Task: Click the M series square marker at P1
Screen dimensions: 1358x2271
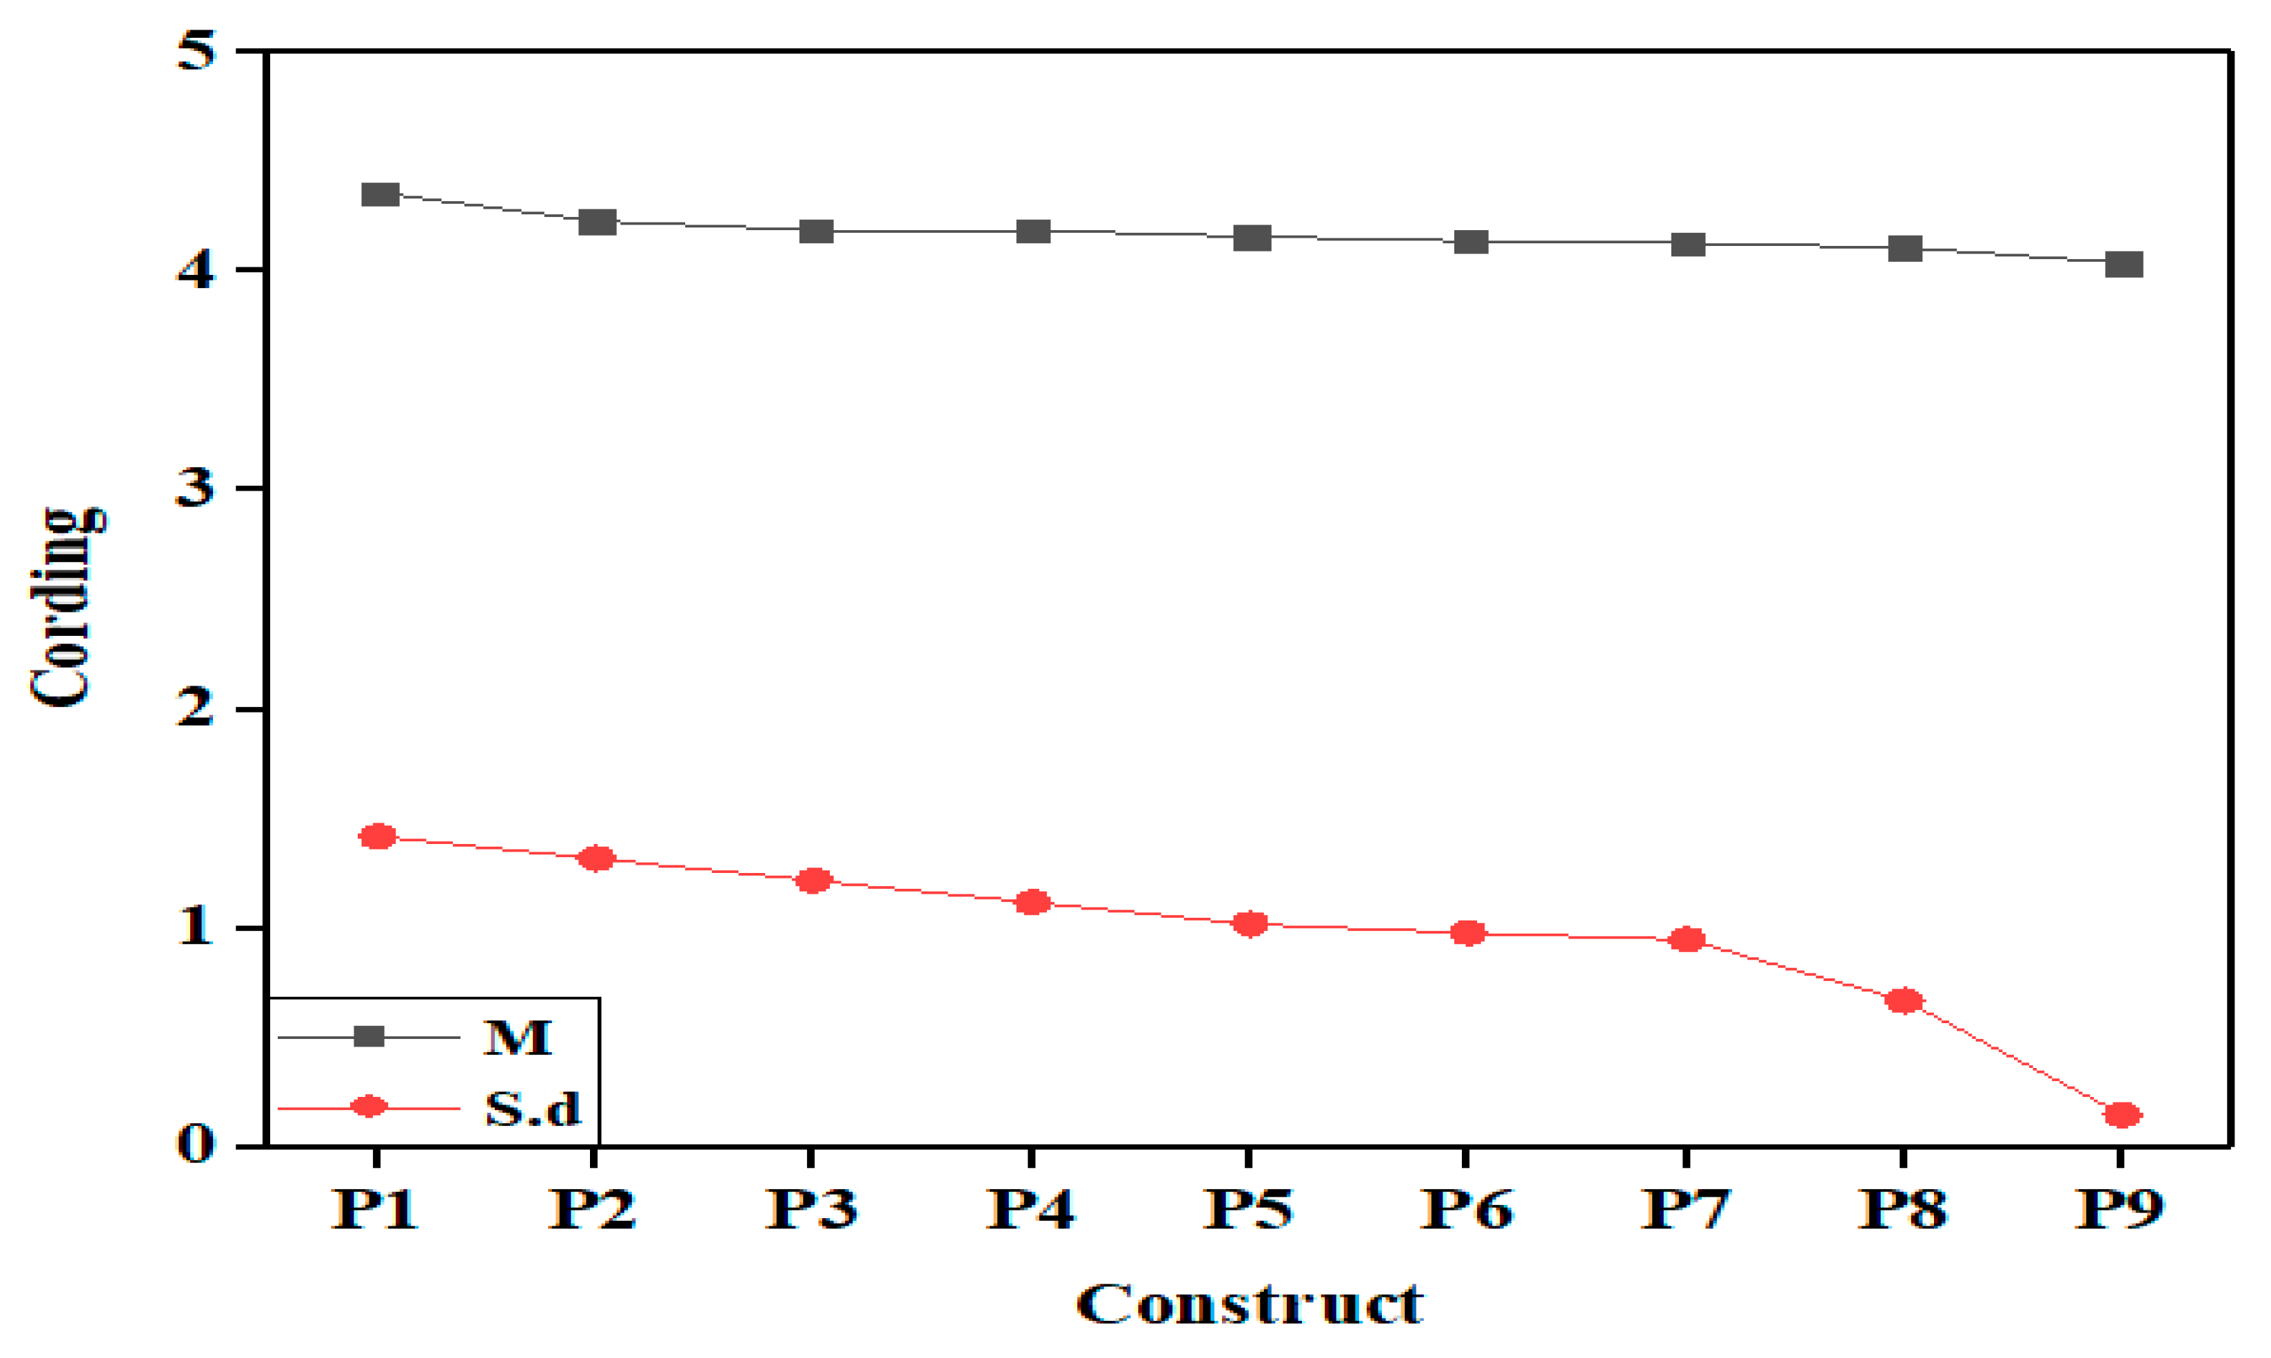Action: [x=380, y=194]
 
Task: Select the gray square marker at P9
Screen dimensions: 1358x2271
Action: [x=2124, y=265]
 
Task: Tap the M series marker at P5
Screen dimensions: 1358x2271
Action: [x=1252, y=238]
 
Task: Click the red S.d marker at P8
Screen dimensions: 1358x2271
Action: [x=1904, y=1000]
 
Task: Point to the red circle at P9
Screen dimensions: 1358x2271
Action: [x=2123, y=1115]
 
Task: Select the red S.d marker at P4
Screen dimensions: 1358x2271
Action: [x=1032, y=903]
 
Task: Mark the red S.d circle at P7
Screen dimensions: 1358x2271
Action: [x=1686, y=940]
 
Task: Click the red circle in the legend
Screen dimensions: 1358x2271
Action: [x=369, y=1107]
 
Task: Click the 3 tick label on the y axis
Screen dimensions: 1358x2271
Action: [x=195, y=488]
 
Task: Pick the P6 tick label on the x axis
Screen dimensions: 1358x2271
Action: [x=1467, y=1210]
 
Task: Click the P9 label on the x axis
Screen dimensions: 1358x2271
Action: [x=2120, y=1210]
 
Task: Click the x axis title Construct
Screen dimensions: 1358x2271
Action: [x=1250, y=1304]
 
